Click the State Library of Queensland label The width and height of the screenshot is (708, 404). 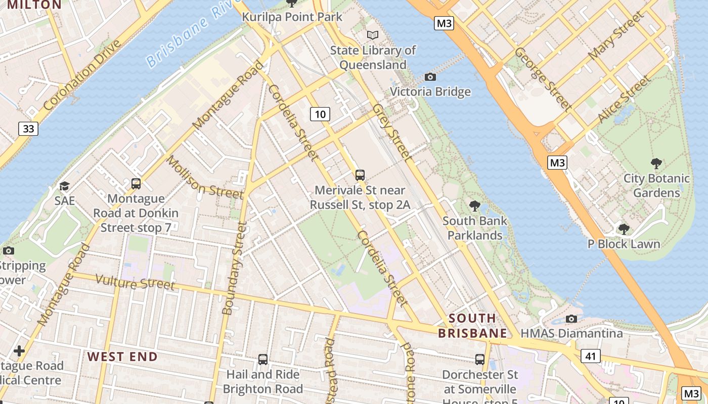pos(373,58)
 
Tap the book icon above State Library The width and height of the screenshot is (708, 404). pos(373,35)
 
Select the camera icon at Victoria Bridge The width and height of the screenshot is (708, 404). pos(430,77)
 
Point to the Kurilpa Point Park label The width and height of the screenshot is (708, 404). pos(292,17)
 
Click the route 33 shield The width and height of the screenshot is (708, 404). pos(28,129)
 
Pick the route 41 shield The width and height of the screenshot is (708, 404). pos(590,356)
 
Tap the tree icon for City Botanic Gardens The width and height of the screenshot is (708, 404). pos(656,163)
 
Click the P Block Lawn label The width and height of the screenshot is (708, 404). pos(624,244)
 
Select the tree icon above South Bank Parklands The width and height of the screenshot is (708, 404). pos(474,206)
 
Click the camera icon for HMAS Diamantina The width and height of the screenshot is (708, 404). pos(571,319)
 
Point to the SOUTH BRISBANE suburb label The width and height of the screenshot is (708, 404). pos(472,326)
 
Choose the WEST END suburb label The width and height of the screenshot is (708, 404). pos(122,357)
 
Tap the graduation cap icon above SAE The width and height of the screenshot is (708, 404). pos(64,186)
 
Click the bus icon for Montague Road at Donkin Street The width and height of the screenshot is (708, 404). pos(136,184)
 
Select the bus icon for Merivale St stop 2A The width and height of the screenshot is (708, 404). pos(360,175)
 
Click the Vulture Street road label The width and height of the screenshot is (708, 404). pos(135,283)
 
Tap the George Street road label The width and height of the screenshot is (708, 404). pos(543,79)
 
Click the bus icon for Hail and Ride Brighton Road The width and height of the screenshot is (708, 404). pos(262,359)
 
